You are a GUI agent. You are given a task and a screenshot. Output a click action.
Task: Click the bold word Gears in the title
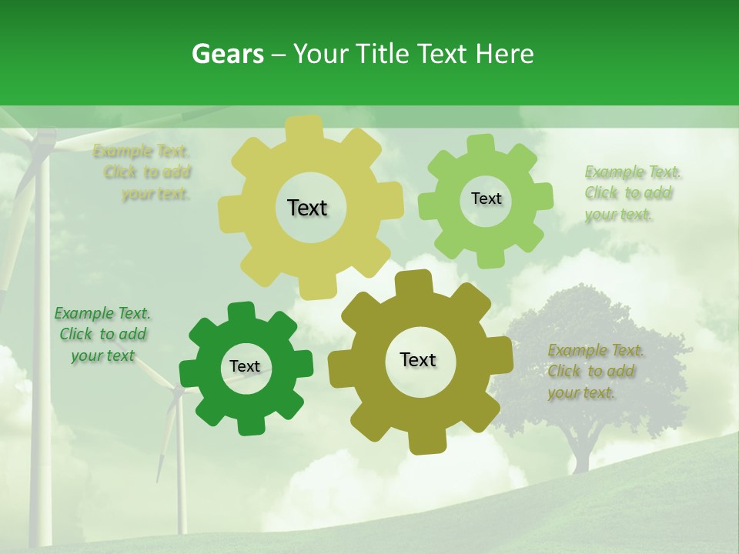(x=227, y=54)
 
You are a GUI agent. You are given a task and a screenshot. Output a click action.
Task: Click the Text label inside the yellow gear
(x=307, y=208)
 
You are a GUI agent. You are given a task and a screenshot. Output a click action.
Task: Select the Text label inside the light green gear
(x=486, y=199)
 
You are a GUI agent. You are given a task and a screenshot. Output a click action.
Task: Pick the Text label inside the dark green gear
(x=245, y=366)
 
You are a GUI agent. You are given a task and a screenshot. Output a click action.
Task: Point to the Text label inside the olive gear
(x=418, y=359)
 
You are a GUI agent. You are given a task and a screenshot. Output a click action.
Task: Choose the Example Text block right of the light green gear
(x=630, y=193)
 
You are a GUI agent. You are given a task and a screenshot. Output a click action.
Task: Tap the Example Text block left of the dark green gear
(x=102, y=335)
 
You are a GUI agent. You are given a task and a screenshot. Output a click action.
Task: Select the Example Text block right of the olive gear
(x=594, y=372)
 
